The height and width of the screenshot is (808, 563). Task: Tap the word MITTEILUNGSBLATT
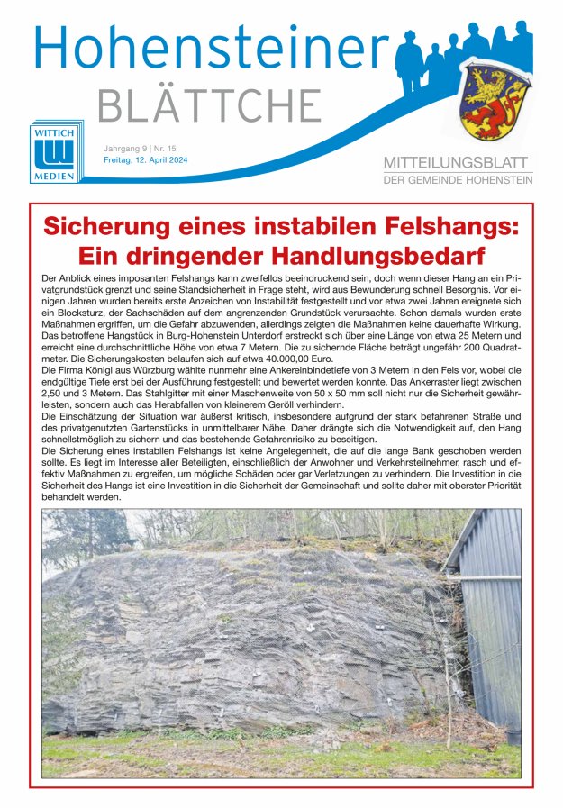click(x=458, y=163)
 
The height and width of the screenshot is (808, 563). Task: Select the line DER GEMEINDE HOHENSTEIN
click(x=458, y=180)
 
